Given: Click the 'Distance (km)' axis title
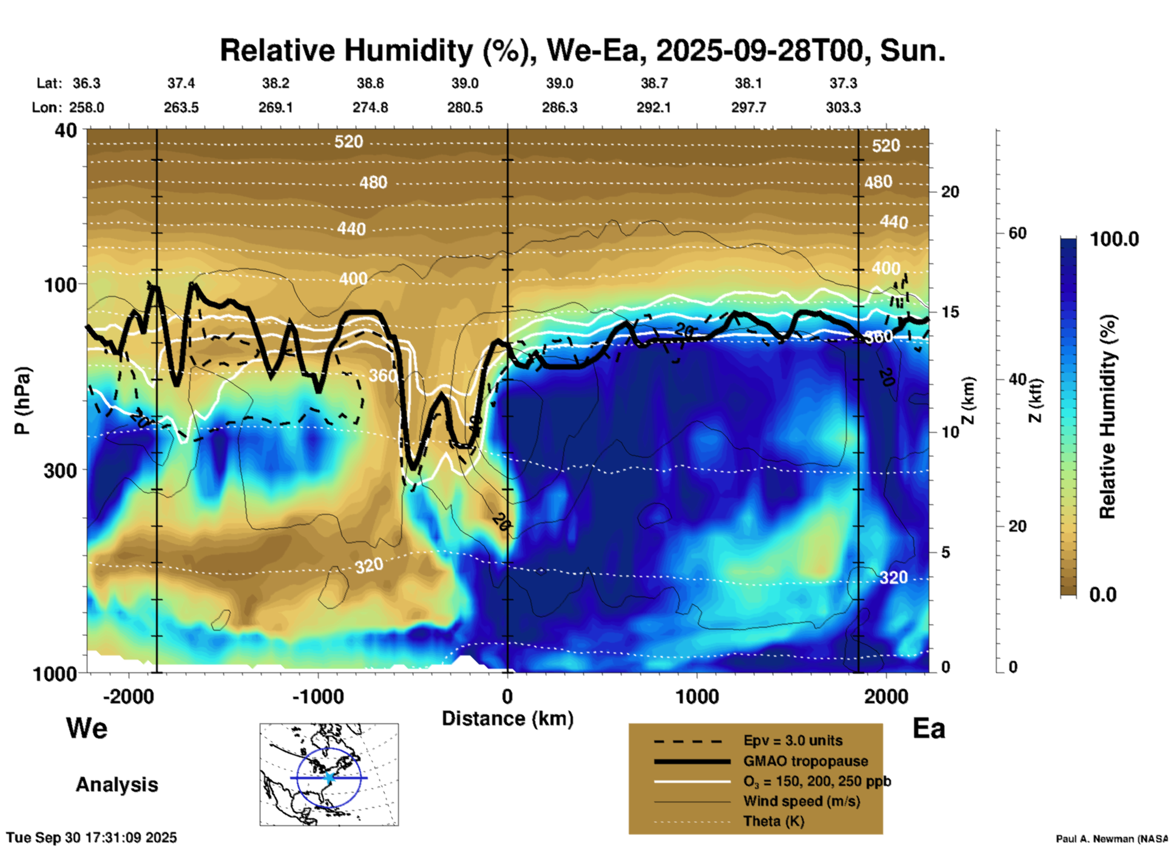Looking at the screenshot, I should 507,719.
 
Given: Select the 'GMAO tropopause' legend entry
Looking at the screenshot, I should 805,761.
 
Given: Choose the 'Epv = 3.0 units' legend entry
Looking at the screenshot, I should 793,741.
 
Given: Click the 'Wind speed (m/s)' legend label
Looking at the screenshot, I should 801,801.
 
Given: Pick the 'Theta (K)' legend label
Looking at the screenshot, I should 773,821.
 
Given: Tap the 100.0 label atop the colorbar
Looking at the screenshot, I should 1114,239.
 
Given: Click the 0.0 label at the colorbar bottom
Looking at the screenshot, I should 1103,594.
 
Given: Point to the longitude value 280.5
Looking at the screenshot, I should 465,107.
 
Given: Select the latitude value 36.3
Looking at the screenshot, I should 87,83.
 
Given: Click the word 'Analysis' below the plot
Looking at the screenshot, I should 117,784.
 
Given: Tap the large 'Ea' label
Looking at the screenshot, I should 929,728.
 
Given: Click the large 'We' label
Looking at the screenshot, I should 87,728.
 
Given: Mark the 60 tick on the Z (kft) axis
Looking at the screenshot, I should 1017,233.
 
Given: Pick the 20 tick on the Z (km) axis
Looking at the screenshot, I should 950,192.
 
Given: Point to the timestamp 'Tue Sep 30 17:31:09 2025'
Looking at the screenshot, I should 92,838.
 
